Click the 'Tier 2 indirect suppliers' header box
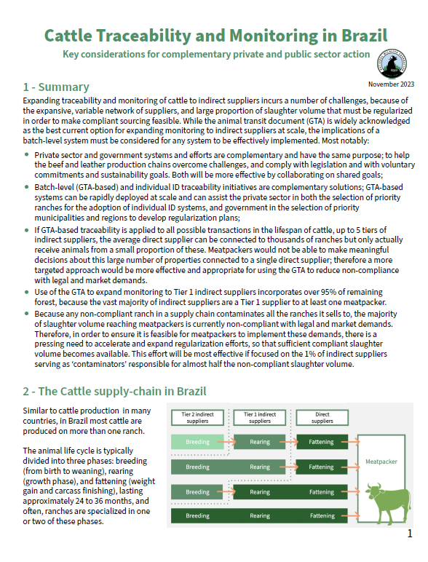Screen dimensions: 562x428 197,417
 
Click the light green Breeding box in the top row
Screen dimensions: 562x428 197,441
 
